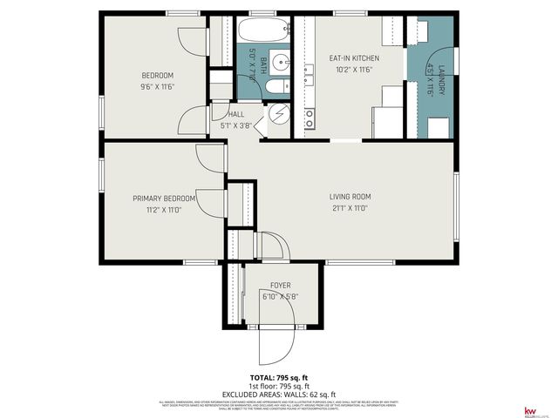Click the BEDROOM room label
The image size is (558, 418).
tap(158, 75)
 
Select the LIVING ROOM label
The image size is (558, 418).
tap(350, 197)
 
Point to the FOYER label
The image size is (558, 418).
tap(280, 286)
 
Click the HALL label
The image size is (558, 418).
tap(235, 114)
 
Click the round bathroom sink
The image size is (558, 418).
tap(278, 62)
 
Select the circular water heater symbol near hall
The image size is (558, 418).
tap(279, 113)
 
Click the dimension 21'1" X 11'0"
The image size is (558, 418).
tap(350, 208)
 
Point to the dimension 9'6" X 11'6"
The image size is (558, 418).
tap(158, 86)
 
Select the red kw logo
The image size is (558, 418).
tap(528, 410)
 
